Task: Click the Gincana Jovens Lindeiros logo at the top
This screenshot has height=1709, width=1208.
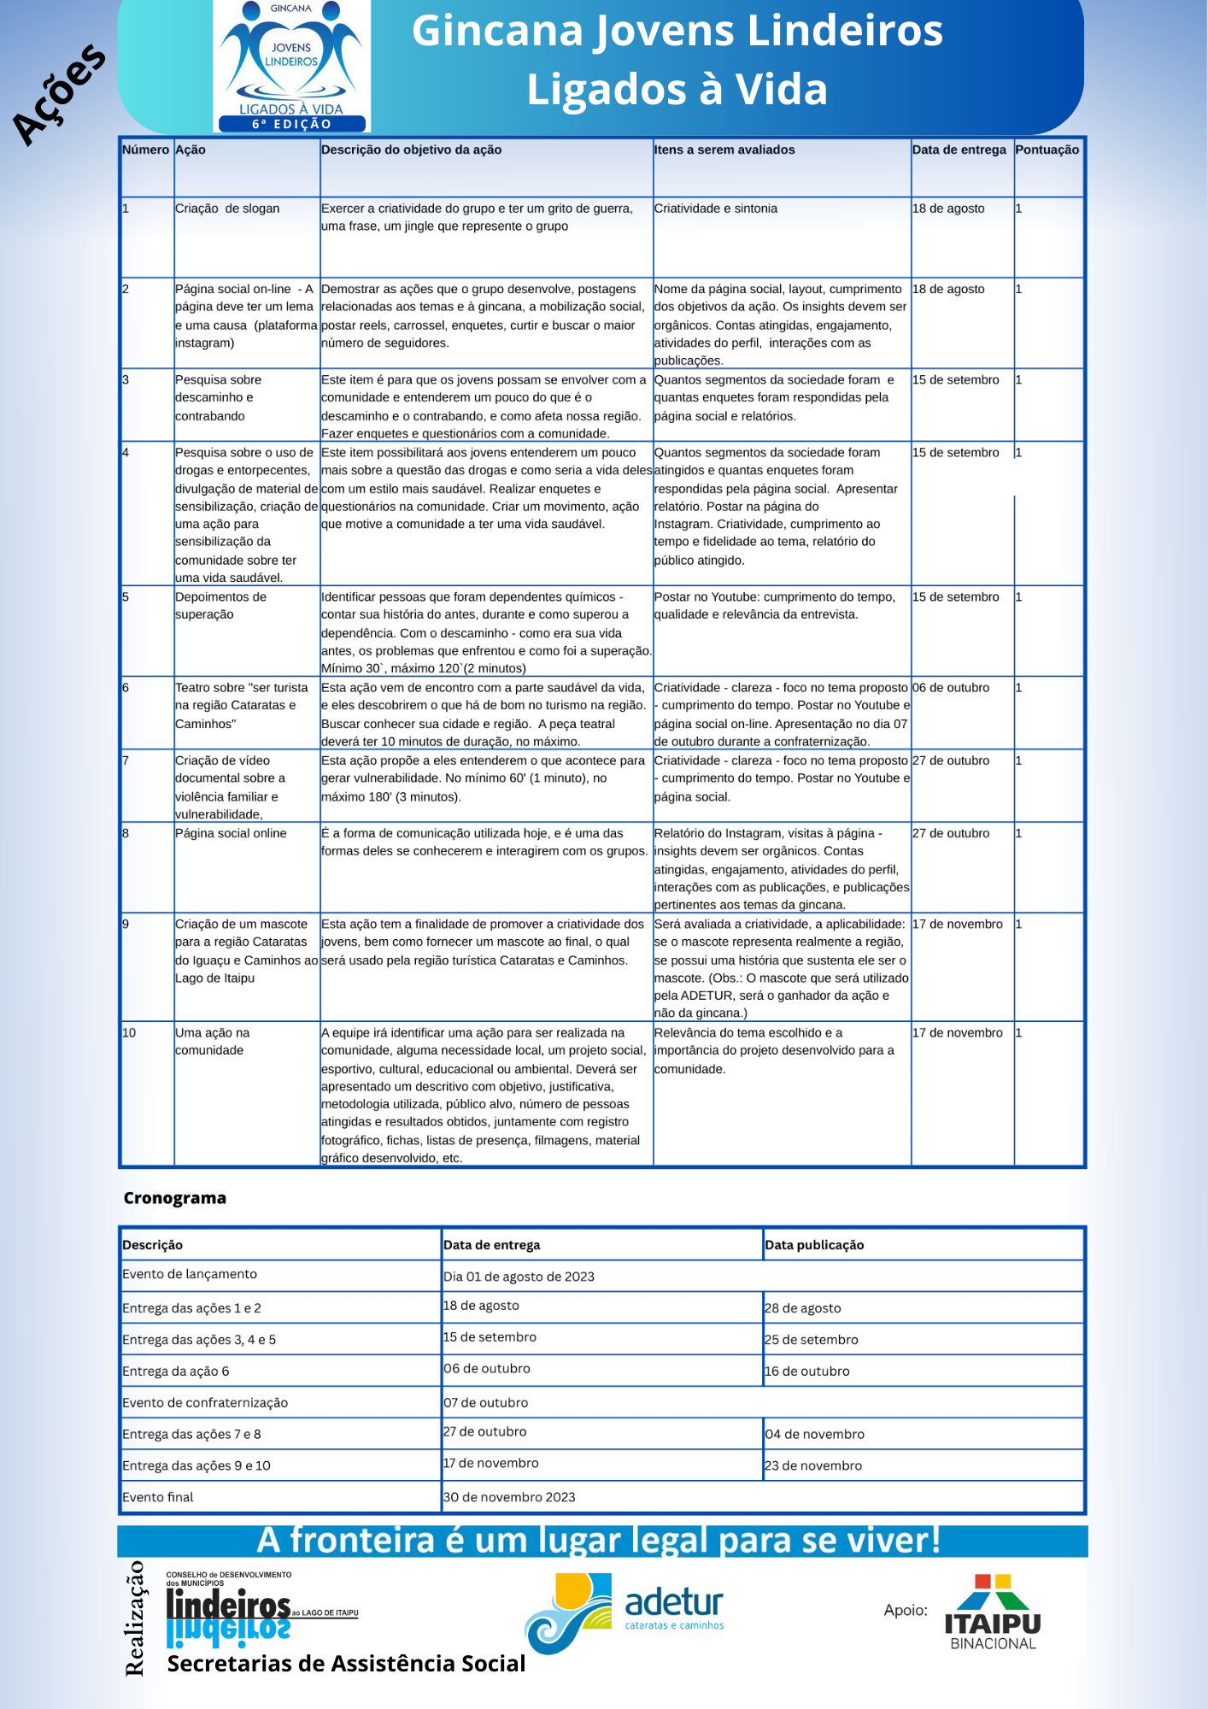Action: tap(291, 66)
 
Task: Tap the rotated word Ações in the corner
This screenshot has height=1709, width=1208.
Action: tap(59, 94)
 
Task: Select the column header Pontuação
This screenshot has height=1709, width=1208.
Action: tap(1047, 150)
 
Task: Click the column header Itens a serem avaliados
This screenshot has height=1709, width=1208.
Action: tap(724, 150)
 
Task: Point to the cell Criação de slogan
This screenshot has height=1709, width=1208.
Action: tap(227, 208)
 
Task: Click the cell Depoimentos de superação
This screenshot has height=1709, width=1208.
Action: tap(220, 606)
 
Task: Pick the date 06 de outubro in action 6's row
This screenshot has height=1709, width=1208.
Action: tap(950, 688)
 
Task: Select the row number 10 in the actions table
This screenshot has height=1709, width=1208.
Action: tap(129, 1033)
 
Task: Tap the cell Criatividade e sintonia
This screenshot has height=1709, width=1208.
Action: tap(715, 208)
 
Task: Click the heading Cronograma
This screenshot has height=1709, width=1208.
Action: tap(175, 1198)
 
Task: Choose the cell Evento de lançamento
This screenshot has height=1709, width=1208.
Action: tap(190, 1274)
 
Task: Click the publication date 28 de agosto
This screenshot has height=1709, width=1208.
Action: tap(802, 1308)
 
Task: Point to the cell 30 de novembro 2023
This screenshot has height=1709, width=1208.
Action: tap(509, 1497)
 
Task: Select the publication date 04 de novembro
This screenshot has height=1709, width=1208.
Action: tap(814, 1434)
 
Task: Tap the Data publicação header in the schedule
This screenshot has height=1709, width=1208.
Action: tap(814, 1245)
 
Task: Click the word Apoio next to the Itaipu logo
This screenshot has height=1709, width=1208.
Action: tap(906, 1610)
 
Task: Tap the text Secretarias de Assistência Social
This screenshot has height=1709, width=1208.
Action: tap(346, 1664)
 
